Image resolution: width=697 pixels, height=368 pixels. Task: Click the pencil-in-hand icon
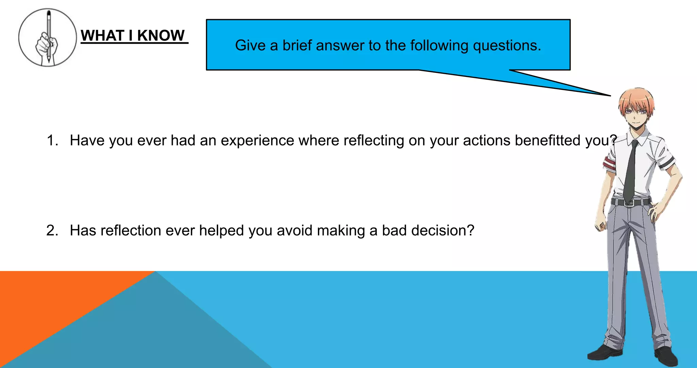[47, 37]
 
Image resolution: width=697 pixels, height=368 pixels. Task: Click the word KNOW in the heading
[161, 35]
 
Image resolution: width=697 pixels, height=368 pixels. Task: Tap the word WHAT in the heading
[102, 35]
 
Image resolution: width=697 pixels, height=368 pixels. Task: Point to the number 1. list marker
[52, 140]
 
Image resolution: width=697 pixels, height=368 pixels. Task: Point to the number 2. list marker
[52, 230]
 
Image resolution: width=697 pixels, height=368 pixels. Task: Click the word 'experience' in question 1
[257, 140]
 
